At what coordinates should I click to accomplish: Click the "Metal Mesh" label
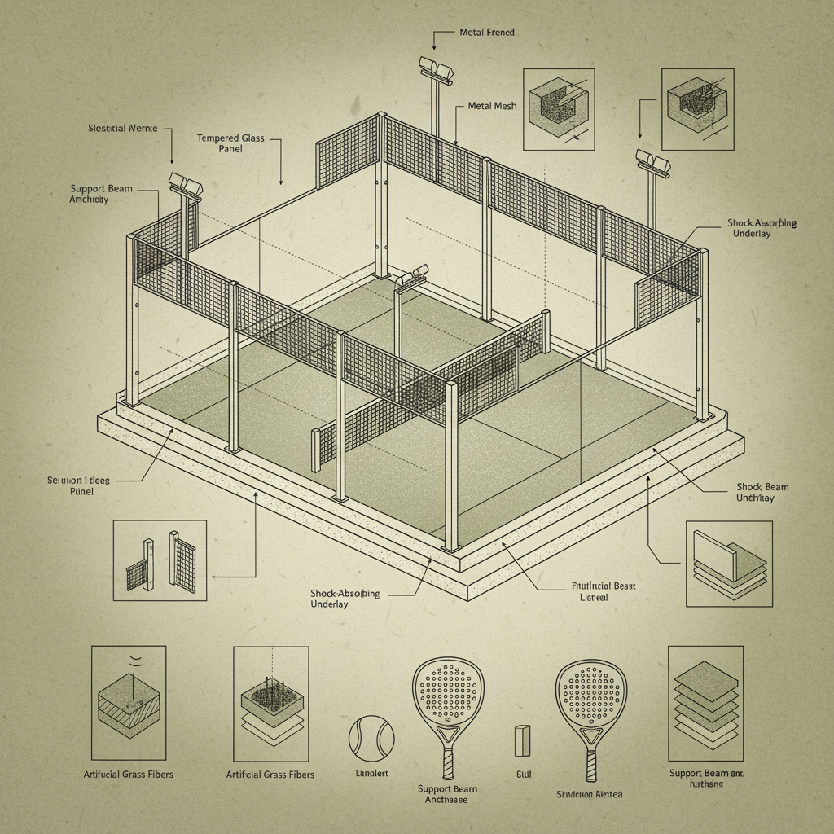coord(492,107)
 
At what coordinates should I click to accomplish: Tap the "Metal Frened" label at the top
coord(486,33)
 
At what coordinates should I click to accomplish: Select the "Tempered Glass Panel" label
coord(230,143)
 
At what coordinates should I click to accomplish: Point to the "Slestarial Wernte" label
coord(123,129)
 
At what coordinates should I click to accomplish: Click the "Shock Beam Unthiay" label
coord(762,492)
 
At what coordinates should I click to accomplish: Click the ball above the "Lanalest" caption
coord(371,738)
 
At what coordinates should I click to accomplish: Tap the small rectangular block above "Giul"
coord(522,741)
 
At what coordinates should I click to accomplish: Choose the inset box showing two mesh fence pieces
coord(160,560)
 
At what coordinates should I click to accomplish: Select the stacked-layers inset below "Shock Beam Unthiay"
coord(728,564)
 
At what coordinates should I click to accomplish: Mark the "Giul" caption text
coord(523,776)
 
